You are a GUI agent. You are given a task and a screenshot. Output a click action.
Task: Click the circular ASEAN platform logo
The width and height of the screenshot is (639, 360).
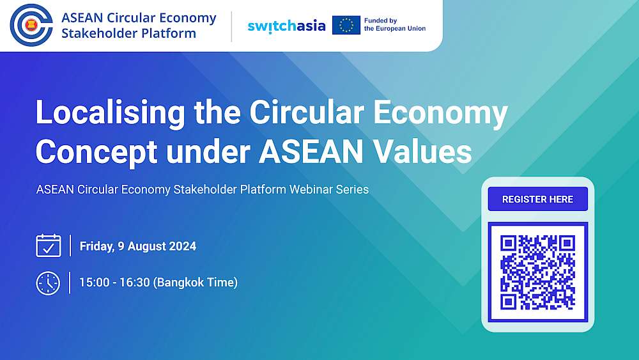coord(31,26)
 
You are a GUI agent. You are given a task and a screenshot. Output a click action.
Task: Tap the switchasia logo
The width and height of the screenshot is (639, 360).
coord(286,26)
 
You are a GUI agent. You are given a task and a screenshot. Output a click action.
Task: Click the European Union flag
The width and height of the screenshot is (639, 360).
coord(346,26)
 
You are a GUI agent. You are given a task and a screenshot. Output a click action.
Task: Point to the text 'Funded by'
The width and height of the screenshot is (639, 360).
coord(380,20)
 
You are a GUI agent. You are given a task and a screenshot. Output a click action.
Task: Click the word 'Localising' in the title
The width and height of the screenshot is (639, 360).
coord(111,113)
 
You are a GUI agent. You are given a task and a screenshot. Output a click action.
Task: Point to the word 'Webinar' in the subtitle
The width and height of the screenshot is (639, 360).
coord(311,189)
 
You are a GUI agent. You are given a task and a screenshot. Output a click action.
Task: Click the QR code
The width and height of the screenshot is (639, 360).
coord(537,272)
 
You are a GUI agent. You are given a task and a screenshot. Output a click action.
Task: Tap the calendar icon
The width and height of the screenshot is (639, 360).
coord(49,246)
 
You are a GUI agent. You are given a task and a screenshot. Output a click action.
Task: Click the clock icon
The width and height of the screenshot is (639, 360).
coord(48,283)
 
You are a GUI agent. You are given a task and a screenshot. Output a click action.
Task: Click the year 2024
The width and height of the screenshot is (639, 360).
coord(183,246)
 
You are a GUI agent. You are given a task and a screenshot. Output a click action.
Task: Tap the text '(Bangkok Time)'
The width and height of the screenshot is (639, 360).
coord(195,283)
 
